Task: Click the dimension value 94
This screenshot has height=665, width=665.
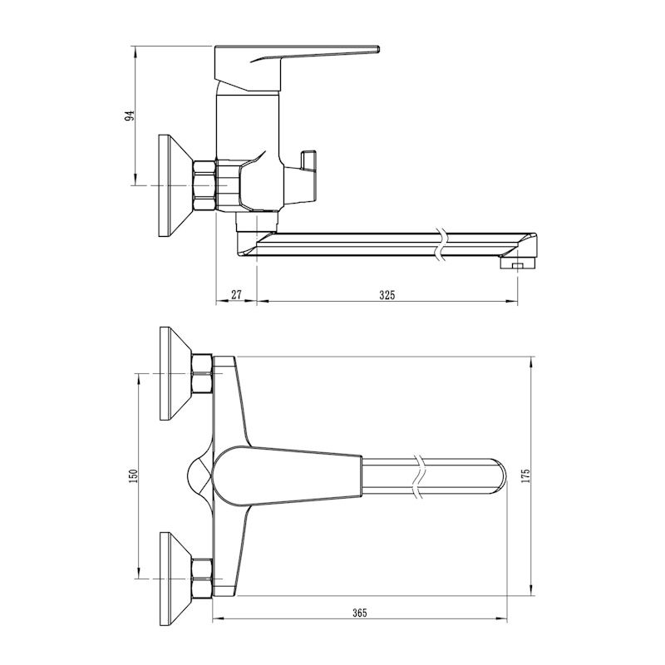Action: [x=129, y=116]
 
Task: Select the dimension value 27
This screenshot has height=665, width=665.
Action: [x=236, y=293]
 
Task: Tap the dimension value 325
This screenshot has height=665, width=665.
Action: [x=387, y=293]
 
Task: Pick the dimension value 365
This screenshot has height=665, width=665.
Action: [x=359, y=613]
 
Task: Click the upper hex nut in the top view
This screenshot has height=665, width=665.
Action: [x=202, y=373]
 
